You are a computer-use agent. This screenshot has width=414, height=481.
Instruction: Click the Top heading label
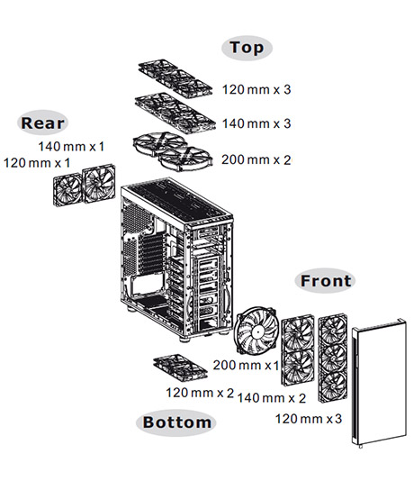pos(247,48)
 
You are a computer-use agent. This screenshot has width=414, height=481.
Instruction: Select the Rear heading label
pos(42,123)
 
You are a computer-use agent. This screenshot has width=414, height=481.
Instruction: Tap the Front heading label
pos(326,281)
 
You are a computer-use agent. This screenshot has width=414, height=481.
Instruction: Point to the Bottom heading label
pos(176,422)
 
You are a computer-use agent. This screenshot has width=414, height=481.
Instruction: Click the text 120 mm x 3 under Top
pos(256,89)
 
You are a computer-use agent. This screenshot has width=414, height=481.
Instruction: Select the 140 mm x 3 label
pos(256,123)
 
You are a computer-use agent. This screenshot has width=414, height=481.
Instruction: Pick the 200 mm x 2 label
pos(256,159)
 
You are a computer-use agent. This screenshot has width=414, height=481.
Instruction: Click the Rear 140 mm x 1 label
pos(71,146)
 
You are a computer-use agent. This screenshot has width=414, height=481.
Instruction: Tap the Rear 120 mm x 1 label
pos(37,162)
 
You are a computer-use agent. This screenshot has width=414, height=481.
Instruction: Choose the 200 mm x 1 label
pos(246,365)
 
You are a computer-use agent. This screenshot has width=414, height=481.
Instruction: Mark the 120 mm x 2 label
pos(200,393)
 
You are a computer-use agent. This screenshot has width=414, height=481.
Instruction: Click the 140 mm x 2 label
pos(272,398)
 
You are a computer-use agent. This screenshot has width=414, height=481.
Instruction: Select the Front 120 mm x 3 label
pos(309,419)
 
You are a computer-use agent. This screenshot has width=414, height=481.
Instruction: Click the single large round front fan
pos(256,331)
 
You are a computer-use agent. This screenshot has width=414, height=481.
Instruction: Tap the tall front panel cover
pos(380,383)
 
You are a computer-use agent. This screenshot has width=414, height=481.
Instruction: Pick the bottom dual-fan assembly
pos(180,368)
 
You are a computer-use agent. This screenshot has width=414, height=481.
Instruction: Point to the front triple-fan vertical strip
pos(333,358)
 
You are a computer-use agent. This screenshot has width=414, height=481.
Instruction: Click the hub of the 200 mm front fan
pos(256,331)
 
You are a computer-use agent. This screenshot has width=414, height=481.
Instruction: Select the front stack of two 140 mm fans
pos(298,350)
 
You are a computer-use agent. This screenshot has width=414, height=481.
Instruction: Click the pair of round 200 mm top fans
pos(173,151)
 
